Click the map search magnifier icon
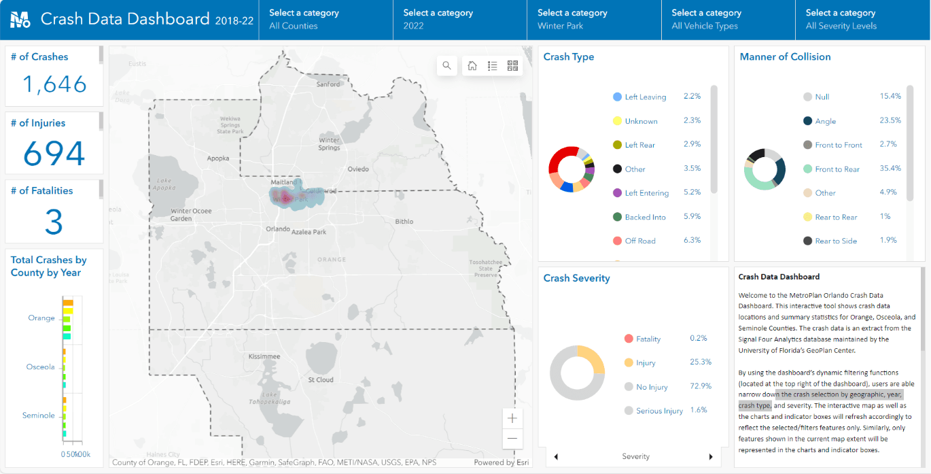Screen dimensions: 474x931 point(446,65)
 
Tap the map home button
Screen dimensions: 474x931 point(472,65)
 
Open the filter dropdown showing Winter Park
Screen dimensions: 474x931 point(593,20)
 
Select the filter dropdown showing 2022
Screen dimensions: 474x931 point(459,20)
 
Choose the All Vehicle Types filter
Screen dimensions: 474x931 point(728,20)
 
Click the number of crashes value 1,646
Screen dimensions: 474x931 point(54,84)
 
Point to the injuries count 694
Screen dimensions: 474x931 point(54,153)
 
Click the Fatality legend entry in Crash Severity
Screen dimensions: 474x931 point(648,339)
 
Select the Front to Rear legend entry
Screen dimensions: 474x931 point(839,169)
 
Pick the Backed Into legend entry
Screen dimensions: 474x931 point(645,217)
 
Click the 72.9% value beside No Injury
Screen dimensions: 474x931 point(700,386)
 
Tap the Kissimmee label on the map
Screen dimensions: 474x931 point(264,356)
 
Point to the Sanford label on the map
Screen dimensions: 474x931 point(328,84)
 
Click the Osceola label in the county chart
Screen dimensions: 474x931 point(41,367)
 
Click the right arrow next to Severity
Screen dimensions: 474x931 point(711,456)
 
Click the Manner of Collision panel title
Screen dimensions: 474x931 point(785,57)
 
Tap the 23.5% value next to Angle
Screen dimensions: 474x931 point(890,120)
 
